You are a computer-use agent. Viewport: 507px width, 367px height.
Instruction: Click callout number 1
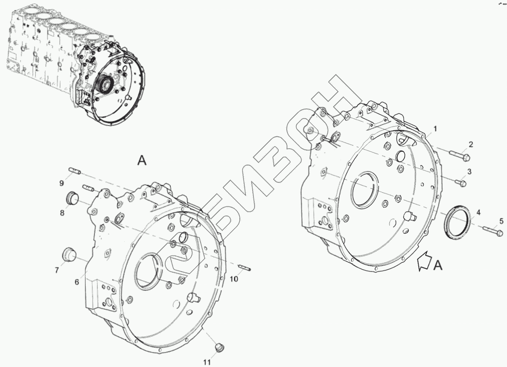click(x=435, y=129)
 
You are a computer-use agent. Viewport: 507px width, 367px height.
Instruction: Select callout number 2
click(x=471, y=144)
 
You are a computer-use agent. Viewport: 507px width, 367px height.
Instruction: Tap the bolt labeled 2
click(x=460, y=156)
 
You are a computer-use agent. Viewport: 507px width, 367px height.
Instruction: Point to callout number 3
click(x=469, y=171)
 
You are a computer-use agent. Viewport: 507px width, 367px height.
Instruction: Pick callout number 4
click(x=478, y=213)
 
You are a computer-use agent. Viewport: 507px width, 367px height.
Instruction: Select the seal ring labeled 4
click(x=457, y=222)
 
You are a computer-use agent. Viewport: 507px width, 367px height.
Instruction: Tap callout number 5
click(x=501, y=221)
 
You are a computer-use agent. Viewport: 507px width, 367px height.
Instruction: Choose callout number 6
click(x=77, y=282)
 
